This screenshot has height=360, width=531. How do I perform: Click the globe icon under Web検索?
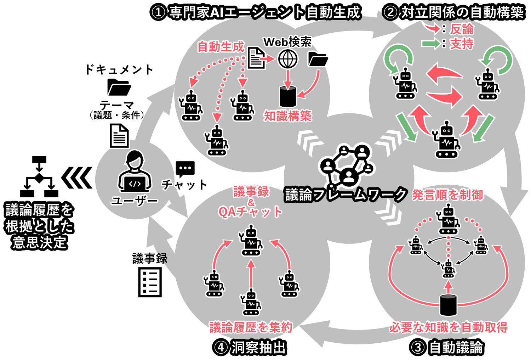[287, 59]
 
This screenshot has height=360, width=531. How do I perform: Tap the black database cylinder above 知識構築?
[287, 96]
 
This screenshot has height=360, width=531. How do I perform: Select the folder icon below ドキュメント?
[119, 87]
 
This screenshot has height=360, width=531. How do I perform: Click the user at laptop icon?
[135, 172]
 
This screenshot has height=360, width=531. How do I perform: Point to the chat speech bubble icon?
[185, 169]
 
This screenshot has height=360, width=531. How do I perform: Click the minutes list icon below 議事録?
[150, 282]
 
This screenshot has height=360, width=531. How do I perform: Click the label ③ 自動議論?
[447, 347]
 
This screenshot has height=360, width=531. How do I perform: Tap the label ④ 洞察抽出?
[250, 347]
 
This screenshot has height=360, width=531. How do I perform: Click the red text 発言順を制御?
[447, 195]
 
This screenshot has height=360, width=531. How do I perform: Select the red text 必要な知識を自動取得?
[448, 327]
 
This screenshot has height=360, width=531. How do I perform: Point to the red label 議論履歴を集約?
[251, 327]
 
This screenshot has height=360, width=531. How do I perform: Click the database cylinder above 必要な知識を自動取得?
[448, 305]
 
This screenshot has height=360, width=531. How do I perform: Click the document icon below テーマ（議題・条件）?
[119, 136]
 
